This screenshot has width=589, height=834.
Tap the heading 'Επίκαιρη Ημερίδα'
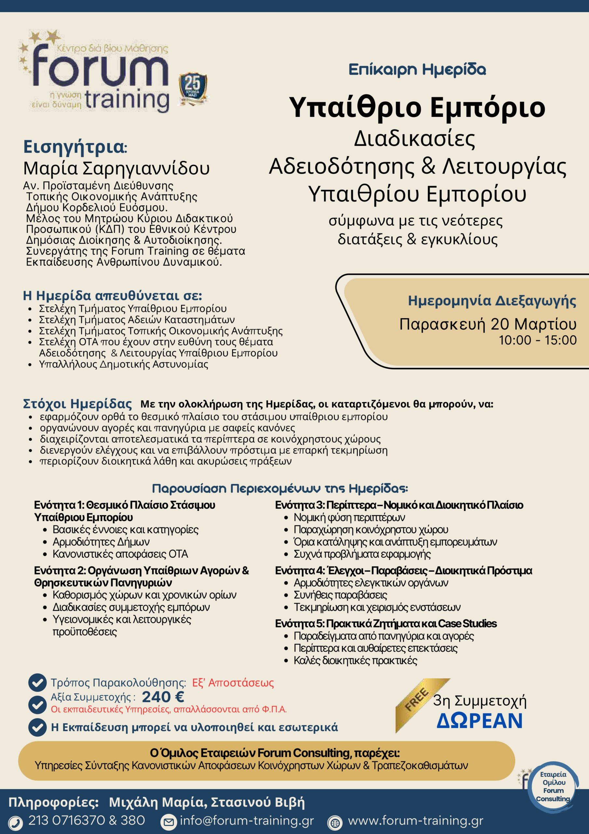pos(417,69)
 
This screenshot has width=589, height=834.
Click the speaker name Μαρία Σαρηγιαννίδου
pos(116,168)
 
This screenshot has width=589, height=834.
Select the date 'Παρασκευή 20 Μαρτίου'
pos(488,324)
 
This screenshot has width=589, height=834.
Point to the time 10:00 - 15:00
pos(538,340)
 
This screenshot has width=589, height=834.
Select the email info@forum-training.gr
pos(247,820)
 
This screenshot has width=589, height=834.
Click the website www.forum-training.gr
pos(416,820)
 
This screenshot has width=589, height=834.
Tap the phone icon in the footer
pos(16,822)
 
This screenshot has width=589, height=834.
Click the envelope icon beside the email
pos(168,822)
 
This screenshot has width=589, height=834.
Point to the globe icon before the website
pos(335,822)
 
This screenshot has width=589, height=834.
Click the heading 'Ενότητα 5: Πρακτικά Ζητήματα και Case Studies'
pos(386,623)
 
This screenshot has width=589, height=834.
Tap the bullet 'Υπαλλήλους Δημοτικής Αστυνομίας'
pos(123,364)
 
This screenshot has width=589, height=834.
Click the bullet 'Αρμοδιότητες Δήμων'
pos(101,541)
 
